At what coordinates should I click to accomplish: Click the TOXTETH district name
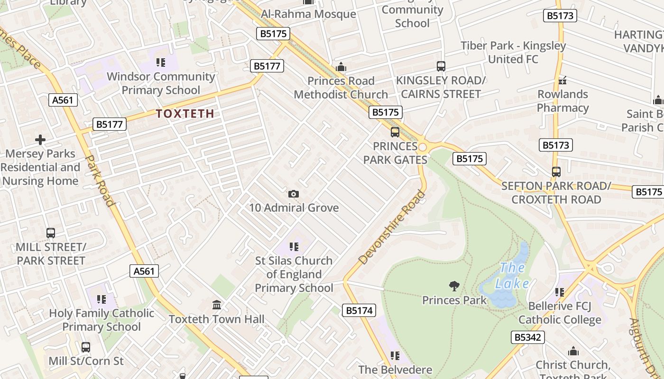point(185,114)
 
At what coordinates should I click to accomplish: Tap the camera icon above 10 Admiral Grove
point(294,194)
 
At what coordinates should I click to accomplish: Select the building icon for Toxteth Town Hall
point(217,305)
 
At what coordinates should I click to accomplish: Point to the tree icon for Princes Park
point(454,286)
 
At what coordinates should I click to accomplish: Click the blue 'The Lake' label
point(512,276)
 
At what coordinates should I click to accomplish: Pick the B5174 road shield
point(359,311)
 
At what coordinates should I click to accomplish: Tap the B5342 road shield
point(527,337)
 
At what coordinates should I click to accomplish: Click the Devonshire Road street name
point(392,227)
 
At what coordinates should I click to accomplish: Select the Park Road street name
point(100,180)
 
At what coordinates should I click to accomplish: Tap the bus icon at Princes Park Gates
point(395,132)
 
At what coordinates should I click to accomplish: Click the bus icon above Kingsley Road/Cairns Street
point(441,66)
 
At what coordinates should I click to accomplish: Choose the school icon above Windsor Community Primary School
point(160,63)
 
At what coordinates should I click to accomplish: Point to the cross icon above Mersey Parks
point(40,140)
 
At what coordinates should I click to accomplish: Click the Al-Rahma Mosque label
point(308,14)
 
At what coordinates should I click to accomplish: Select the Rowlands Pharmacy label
point(563,101)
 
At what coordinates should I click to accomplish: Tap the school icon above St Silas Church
point(294,247)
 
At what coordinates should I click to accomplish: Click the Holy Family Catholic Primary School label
point(101,320)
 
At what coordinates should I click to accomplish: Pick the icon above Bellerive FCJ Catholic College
point(559,292)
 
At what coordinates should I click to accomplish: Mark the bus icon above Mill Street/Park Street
point(51,233)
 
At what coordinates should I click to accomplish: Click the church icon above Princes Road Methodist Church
point(341,67)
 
